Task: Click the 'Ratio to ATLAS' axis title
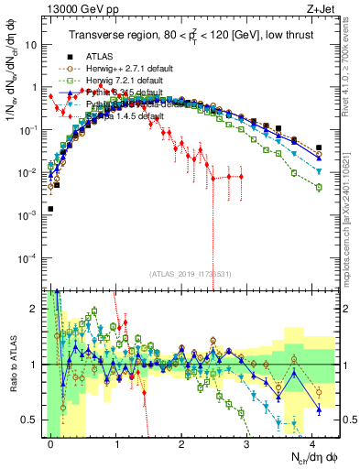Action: point(12,364)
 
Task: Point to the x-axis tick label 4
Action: point(311,444)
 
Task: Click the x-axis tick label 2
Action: point(181,444)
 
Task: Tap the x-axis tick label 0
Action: point(50,444)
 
